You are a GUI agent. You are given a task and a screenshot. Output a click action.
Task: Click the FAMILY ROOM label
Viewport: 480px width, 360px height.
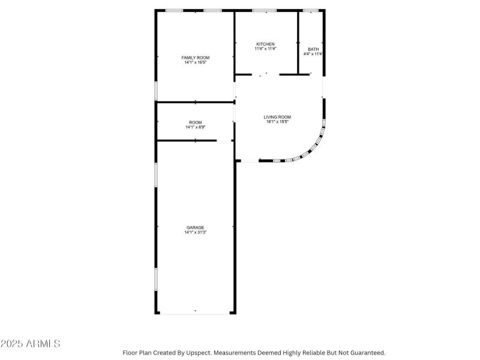point(196,58)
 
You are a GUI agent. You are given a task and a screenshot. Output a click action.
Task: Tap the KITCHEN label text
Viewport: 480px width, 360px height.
point(265,44)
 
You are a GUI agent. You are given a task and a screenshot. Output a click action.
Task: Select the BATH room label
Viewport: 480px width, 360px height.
point(313,49)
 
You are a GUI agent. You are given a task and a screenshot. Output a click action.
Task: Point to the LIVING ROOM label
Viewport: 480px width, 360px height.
point(277,117)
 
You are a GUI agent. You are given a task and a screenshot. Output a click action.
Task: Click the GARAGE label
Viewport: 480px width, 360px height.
point(195,227)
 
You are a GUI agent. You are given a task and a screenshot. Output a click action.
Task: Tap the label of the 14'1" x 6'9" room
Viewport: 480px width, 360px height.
point(196,122)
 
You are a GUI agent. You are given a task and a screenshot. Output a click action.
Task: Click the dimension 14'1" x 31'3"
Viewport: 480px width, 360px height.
point(195,232)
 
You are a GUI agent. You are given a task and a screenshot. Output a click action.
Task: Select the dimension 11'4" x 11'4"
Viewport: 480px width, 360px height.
point(265,49)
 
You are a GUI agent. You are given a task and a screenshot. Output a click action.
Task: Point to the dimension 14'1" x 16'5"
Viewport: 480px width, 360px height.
point(196,62)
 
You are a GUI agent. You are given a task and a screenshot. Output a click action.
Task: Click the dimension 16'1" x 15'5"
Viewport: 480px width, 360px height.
point(277,122)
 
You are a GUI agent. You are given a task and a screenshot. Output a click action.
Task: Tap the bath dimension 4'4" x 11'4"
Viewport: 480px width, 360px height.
point(313,54)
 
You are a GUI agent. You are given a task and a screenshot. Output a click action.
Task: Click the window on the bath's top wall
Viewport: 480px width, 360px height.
point(310,10)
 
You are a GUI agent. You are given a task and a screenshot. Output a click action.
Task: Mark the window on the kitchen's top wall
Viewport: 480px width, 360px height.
point(264,10)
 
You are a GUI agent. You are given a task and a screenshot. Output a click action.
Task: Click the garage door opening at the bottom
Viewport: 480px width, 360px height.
point(195,313)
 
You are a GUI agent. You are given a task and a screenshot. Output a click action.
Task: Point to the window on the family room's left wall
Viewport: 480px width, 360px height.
point(157,90)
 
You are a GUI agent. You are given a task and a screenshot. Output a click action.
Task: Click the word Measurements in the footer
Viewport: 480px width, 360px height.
point(238,353)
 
